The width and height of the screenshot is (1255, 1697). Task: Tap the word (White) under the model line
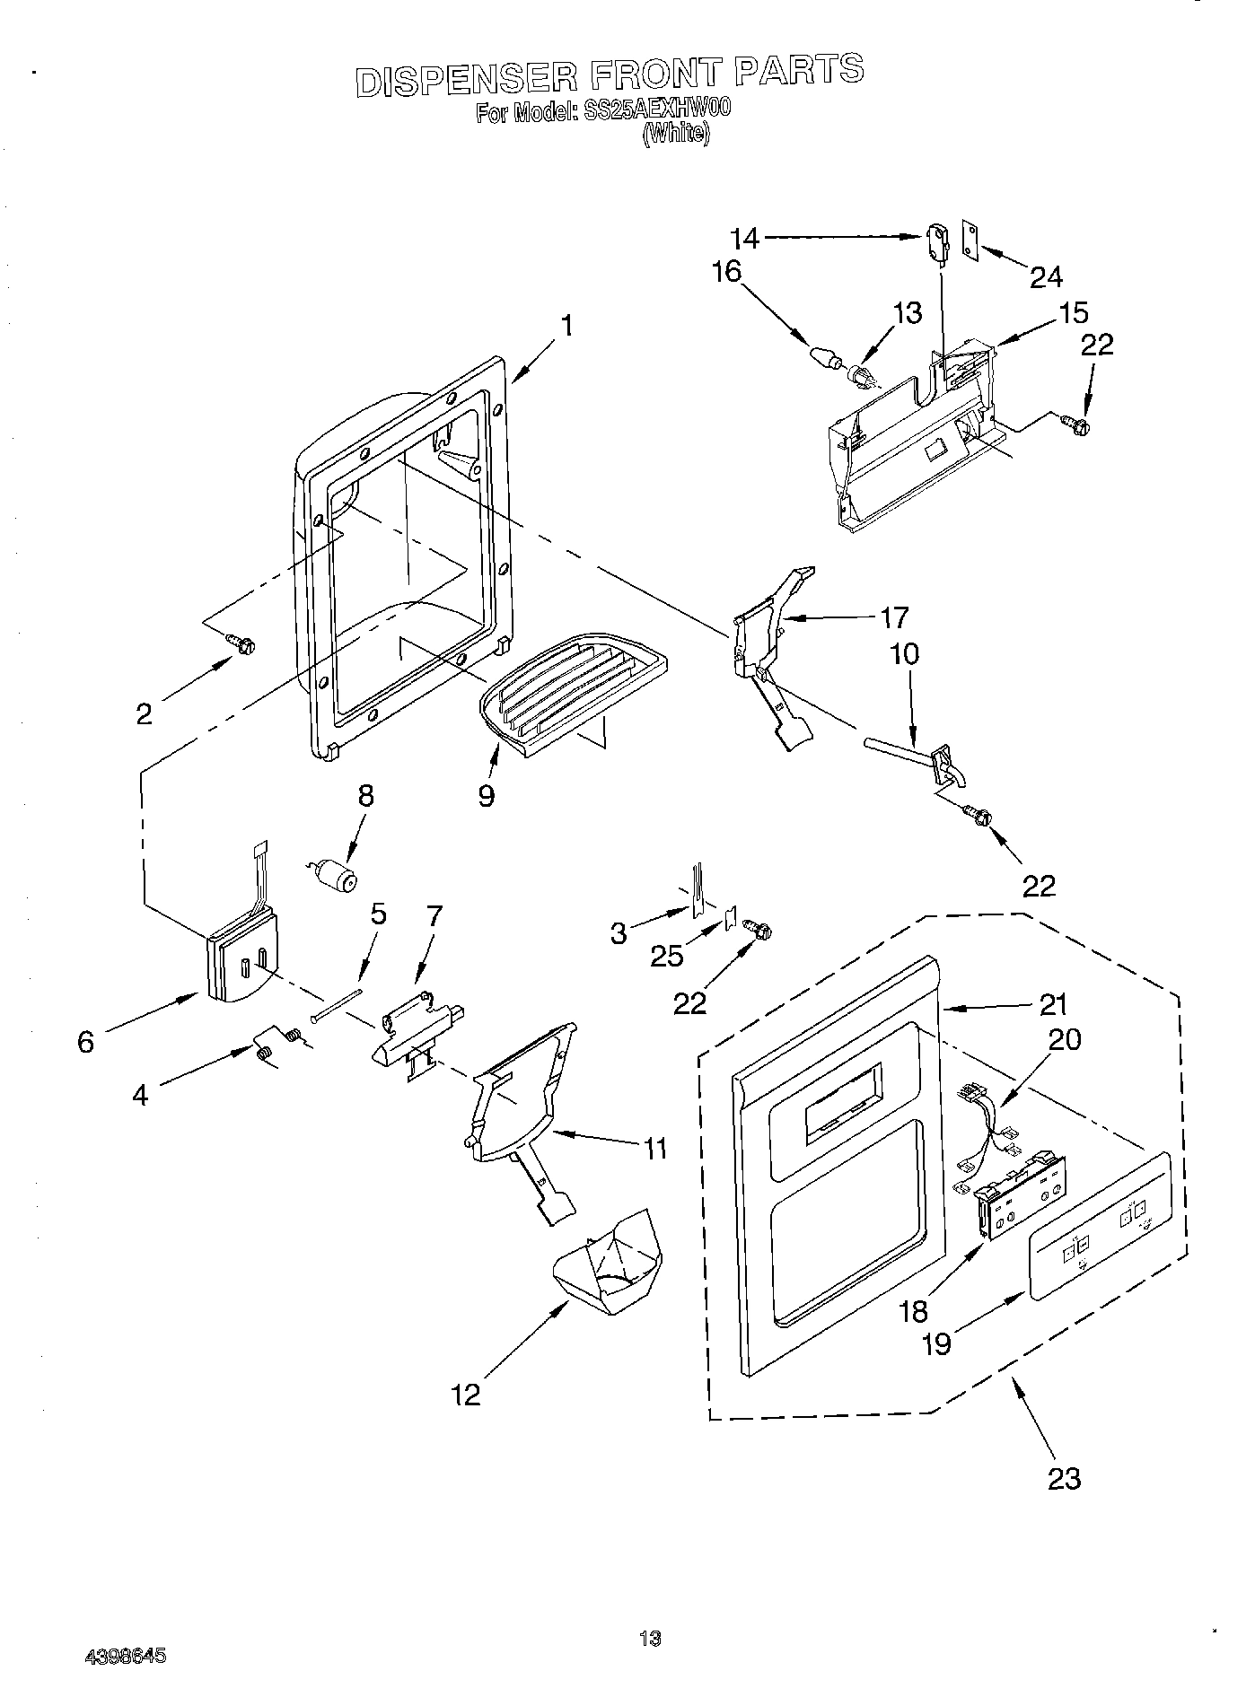(x=676, y=135)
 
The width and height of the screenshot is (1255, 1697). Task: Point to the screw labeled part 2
(x=241, y=643)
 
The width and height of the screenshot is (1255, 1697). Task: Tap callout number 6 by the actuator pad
(x=85, y=1042)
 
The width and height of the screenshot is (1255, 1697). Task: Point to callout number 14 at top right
(x=745, y=239)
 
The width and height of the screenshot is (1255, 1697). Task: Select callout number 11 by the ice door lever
(x=655, y=1147)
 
